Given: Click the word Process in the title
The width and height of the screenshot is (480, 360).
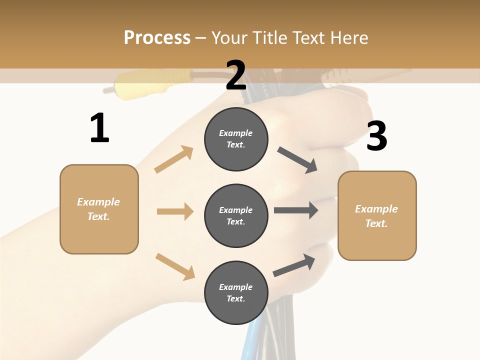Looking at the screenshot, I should point(157,37).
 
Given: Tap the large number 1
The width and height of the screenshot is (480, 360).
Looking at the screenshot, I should point(99,128).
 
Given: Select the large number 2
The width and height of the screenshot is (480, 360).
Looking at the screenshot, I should point(236,75).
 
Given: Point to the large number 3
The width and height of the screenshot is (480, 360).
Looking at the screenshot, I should point(376,136).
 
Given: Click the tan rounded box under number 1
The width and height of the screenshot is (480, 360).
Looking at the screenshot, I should point(99,209).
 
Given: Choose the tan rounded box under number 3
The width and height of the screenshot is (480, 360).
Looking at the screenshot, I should point(377,215).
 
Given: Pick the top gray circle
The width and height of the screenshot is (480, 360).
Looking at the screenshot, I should point(235,139).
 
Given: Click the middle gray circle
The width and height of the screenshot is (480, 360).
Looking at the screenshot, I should point(235,215).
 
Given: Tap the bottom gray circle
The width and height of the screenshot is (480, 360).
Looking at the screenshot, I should point(235,292).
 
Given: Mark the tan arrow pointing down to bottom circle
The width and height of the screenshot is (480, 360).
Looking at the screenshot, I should point(175,266).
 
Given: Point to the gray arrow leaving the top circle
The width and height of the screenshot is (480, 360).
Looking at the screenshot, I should point(297,160).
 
